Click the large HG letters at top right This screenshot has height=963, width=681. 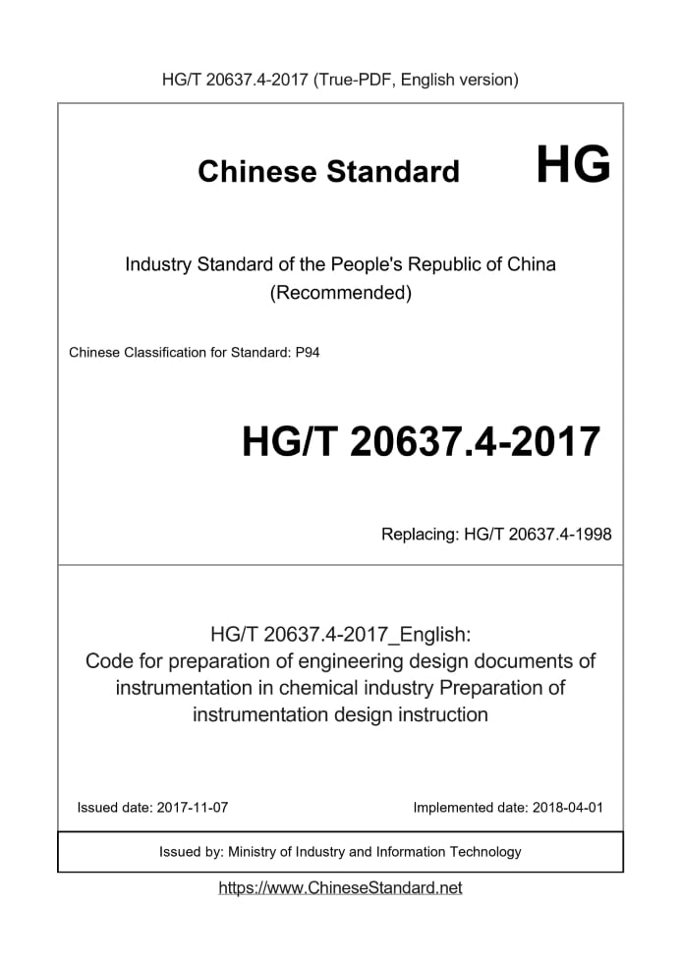(573, 165)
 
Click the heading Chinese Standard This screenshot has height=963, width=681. (328, 172)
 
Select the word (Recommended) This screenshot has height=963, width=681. (340, 293)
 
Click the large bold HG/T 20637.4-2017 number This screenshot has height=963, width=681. (421, 442)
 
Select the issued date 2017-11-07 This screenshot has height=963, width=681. (192, 808)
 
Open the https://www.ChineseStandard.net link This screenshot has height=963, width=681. (340, 887)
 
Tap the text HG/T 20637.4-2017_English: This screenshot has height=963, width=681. (340, 633)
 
